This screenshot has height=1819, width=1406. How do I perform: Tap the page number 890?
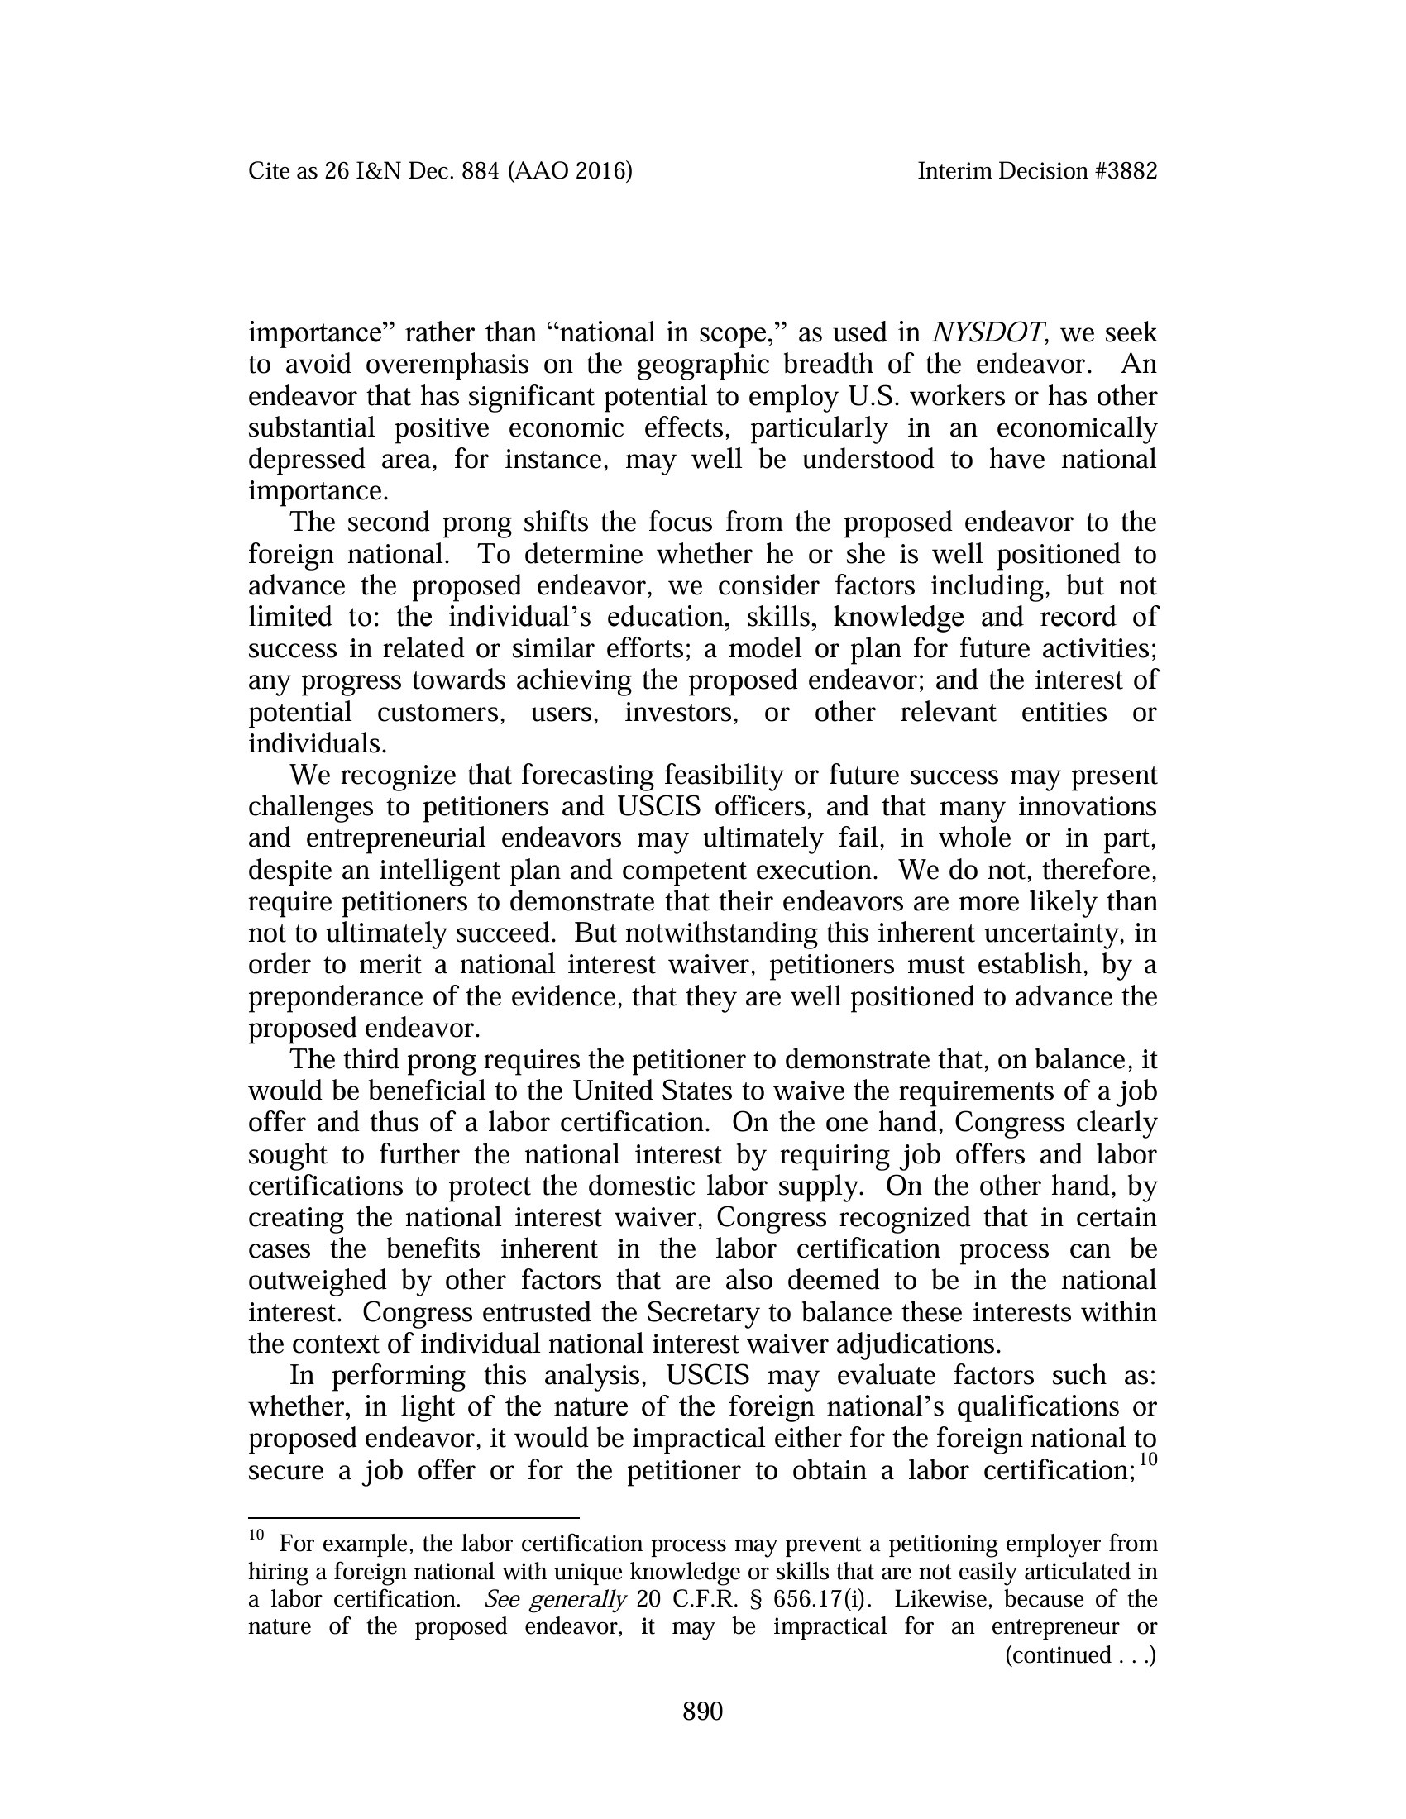coord(702,1712)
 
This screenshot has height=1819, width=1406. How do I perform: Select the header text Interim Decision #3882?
coord(1037,172)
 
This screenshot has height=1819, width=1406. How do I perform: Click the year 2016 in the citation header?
coord(600,172)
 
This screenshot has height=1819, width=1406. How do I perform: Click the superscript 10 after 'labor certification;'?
coord(1148,1459)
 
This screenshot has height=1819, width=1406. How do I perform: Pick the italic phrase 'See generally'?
coord(555,1598)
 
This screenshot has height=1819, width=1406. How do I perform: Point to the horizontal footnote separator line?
coord(414,1517)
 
